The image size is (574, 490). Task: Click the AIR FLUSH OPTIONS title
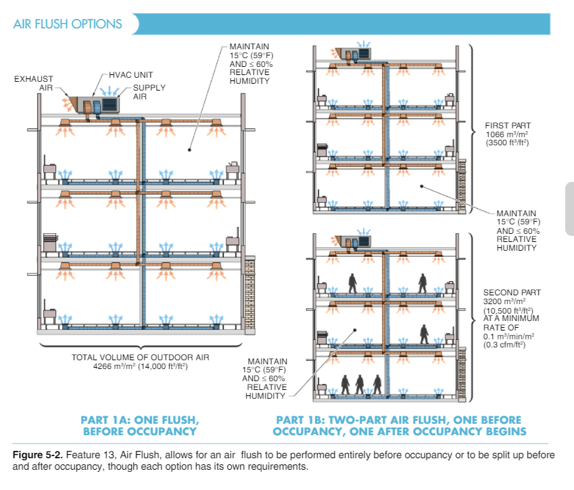(68, 24)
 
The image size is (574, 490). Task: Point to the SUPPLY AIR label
(149, 92)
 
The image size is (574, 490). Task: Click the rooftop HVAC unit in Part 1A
(97, 104)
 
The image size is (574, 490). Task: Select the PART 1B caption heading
(401, 420)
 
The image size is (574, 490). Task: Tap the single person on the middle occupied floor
(425, 334)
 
